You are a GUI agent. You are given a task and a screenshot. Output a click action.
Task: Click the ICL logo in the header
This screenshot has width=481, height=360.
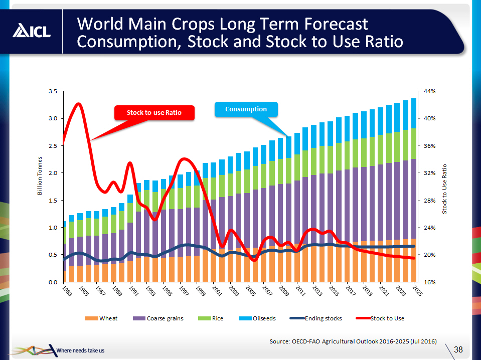point(32,31)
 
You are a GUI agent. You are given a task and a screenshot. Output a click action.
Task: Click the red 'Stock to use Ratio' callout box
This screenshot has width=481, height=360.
point(153,113)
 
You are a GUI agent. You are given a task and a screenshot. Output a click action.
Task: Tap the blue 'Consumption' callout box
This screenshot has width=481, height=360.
point(246,109)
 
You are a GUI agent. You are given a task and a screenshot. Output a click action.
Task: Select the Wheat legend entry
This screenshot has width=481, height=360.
point(103,318)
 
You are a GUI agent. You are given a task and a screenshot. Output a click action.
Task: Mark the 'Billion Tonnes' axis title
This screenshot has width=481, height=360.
point(42,187)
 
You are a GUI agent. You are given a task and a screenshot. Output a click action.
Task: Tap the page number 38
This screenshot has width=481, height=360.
point(458,349)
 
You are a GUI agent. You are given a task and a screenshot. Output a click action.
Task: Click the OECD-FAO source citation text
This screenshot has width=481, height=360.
point(353,341)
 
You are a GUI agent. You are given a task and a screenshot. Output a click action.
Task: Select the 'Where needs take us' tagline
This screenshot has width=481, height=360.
point(81,350)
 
